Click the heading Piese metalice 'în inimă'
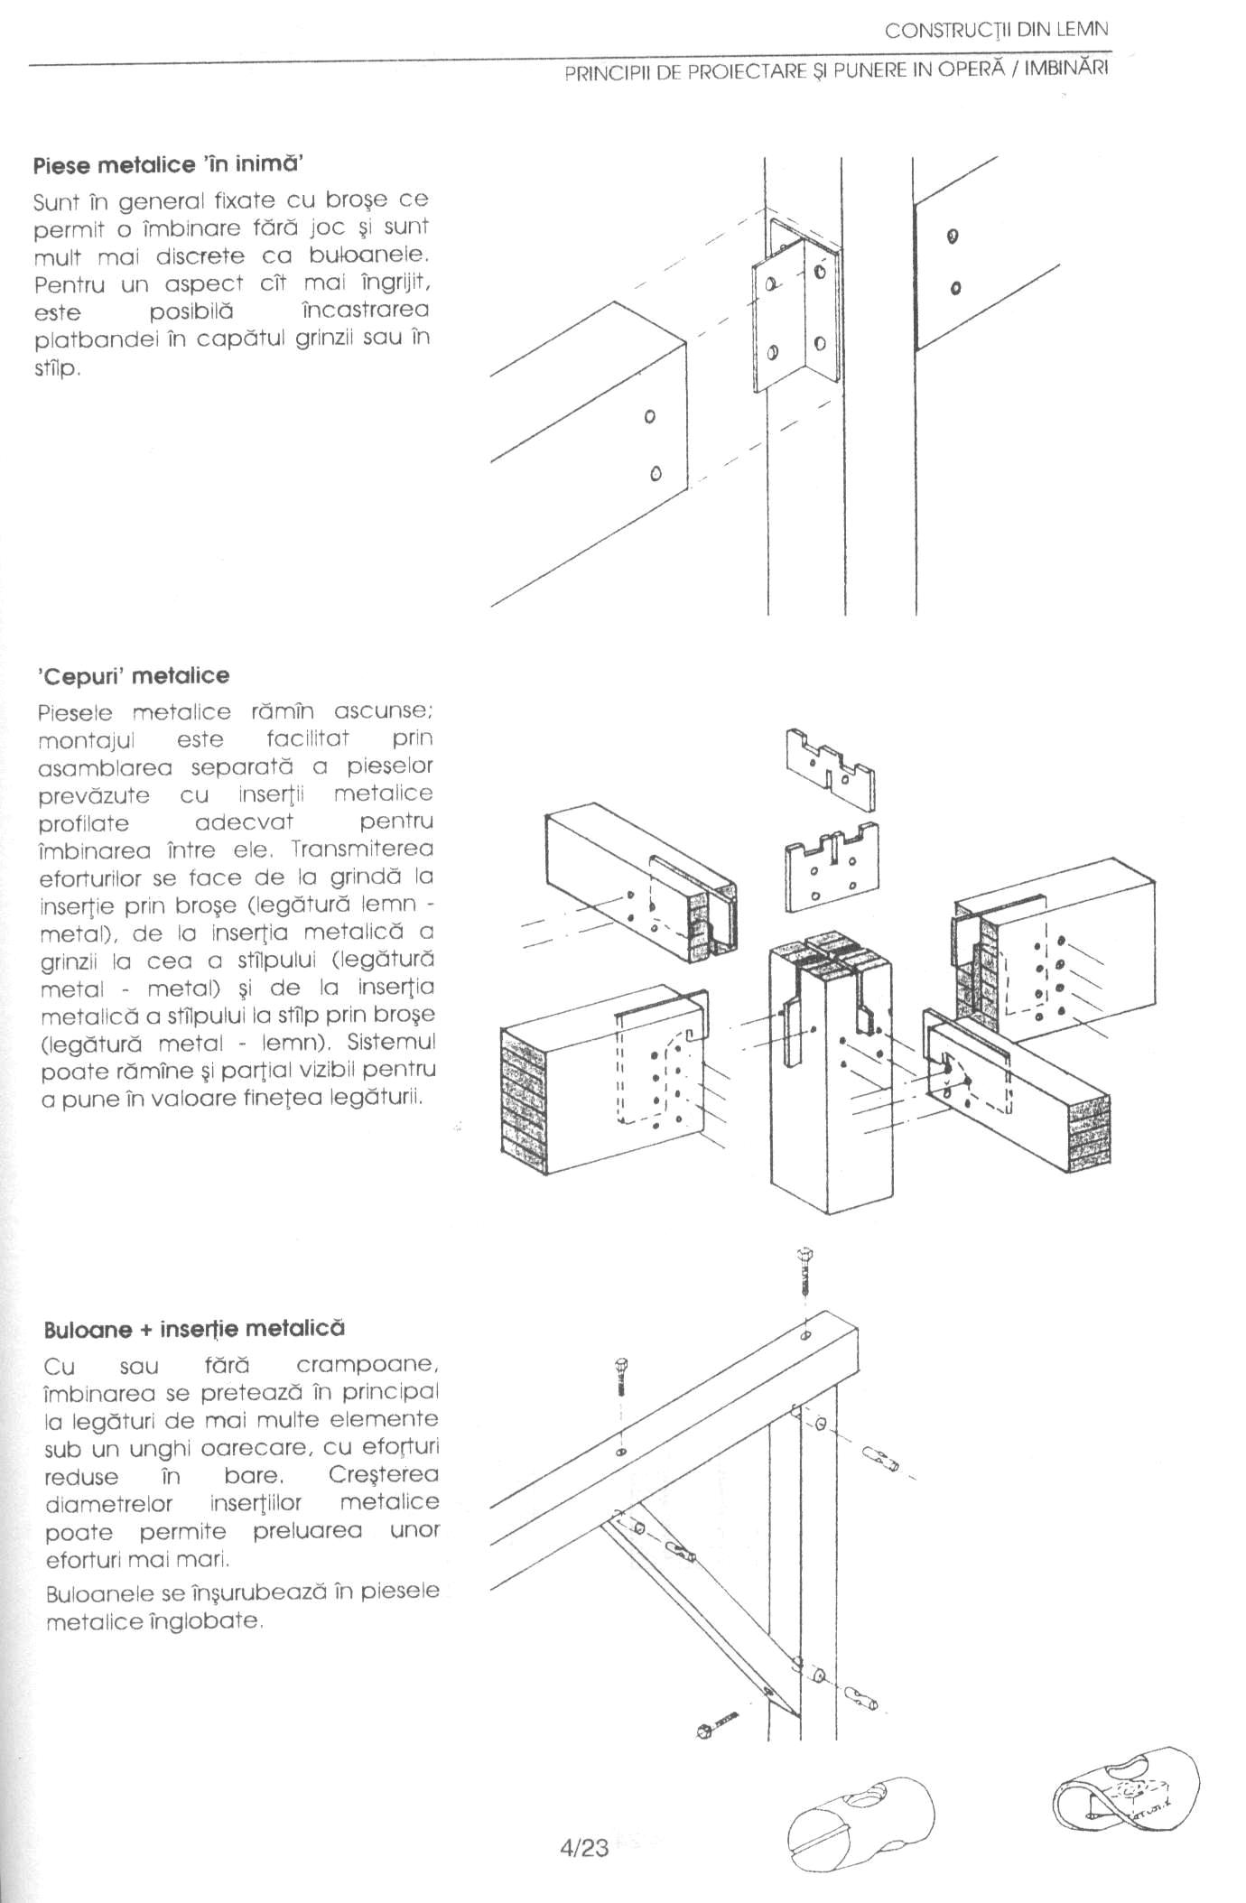tap(168, 165)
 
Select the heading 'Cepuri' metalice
tap(134, 675)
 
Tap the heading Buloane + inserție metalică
tap(194, 1329)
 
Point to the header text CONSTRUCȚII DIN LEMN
tap(996, 30)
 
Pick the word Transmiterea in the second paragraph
tap(362, 849)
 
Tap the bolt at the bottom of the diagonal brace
tap(719, 1725)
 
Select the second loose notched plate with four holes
tap(832, 868)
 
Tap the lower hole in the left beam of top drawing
tap(656, 473)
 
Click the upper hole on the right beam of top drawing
tap(952, 237)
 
